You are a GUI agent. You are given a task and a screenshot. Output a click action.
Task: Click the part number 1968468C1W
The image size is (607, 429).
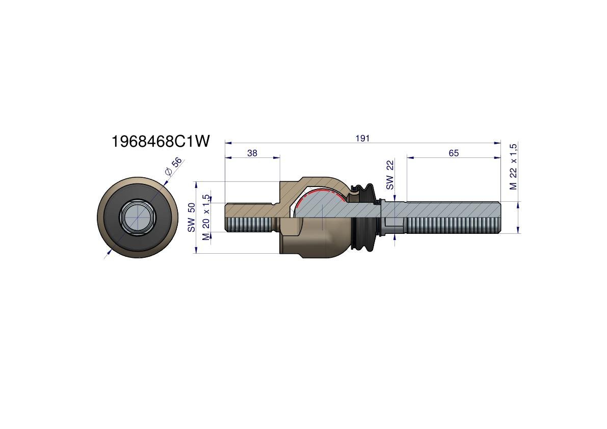pyautogui.click(x=160, y=141)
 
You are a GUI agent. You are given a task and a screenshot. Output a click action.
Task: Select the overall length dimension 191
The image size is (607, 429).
pyautogui.click(x=363, y=138)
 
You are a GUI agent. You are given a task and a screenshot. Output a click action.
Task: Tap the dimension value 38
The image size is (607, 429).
pyautogui.click(x=252, y=153)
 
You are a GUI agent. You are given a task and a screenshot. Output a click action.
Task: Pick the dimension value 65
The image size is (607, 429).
pyautogui.click(x=454, y=153)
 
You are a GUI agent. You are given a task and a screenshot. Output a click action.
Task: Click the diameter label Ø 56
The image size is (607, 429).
pyautogui.click(x=173, y=166)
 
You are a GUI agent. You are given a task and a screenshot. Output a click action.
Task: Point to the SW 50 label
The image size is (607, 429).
pyautogui.click(x=191, y=218)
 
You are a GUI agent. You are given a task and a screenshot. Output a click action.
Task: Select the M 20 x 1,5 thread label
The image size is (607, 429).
pyautogui.click(x=206, y=217)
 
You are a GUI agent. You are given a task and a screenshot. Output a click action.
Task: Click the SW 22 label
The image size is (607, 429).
pyautogui.click(x=390, y=175)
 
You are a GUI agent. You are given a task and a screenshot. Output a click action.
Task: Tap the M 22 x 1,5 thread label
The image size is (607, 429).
pyautogui.click(x=513, y=167)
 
